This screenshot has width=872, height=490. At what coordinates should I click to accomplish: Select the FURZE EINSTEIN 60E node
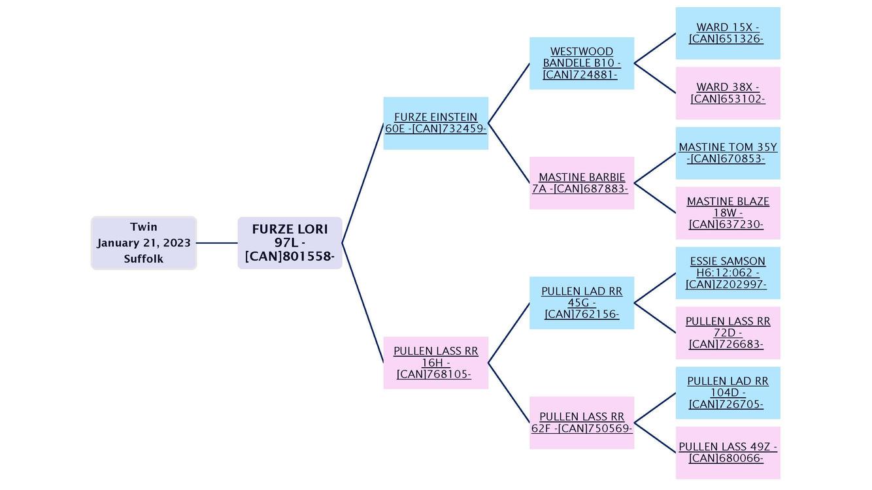(435, 123)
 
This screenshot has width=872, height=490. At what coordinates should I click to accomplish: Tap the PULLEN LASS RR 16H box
(435, 363)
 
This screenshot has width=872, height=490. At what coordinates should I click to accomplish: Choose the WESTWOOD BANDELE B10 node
(581, 63)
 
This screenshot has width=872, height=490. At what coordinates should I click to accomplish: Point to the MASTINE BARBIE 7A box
(581, 183)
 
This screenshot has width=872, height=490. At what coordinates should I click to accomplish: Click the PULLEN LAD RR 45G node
(581, 302)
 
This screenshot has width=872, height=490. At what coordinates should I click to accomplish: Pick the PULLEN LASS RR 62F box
(581, 423)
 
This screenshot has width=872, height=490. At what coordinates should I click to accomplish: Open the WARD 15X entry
(728, 33)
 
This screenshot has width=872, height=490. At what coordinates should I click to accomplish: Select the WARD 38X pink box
(728, 93)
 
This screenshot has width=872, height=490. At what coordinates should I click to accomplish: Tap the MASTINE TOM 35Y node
(728, 153)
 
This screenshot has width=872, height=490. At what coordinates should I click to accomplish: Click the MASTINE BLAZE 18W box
(728, 213)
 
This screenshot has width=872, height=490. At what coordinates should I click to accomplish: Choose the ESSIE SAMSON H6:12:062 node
(728, 273)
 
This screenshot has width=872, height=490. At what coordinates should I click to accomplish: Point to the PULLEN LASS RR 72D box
(728, 333)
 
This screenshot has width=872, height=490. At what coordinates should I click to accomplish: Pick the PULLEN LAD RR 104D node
(728, 393)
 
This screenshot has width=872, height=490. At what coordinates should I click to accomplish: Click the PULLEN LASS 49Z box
(728, 453)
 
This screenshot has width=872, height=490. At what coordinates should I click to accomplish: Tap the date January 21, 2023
(144, 243)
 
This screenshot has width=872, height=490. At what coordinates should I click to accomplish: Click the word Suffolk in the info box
(144, 259)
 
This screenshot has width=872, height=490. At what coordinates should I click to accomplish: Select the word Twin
(144, 227)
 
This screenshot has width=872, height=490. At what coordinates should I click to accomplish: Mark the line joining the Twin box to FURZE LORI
(217, 243)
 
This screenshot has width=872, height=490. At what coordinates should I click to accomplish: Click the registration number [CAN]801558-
(290, 257)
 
